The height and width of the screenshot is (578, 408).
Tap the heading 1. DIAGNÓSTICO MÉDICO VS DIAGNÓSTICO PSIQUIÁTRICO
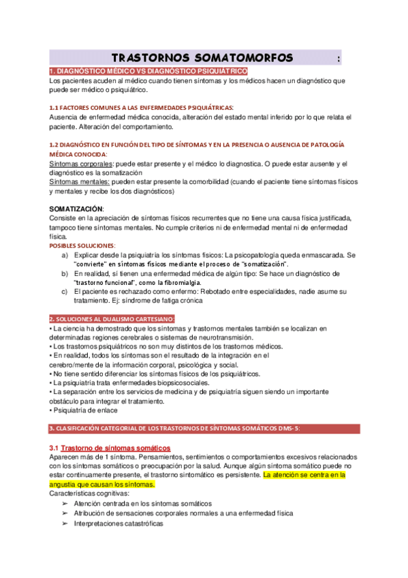tap(148, 72)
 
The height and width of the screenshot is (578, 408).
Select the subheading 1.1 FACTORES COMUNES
tap(141, 108)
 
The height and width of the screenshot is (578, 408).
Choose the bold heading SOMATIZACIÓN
tap(77, 208)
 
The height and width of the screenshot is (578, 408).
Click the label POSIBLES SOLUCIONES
tap(82, 245)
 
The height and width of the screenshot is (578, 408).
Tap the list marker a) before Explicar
tap(65, 254)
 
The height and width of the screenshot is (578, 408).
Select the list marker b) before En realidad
tap(65, 273)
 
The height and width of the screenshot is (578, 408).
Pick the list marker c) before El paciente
tap(65, 291)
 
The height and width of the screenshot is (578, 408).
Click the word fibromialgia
tap(180, 282)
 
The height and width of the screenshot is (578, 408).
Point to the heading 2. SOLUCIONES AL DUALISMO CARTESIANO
tap(112, 318)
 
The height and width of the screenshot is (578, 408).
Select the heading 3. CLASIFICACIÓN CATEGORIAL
tap(174, 428)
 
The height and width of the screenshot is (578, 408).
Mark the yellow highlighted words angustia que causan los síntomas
tap(103, 484)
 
